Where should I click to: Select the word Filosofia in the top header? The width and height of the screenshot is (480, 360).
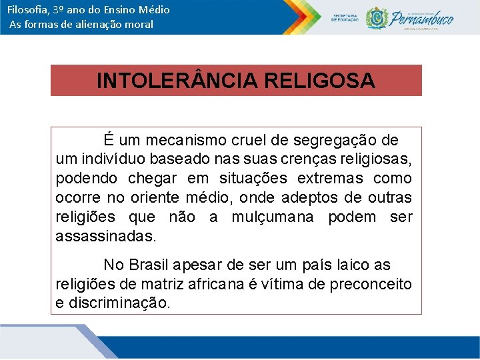point(28,10)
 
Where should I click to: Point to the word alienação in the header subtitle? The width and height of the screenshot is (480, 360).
point(100,25)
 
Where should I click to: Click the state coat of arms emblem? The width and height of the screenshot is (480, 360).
point(377,18)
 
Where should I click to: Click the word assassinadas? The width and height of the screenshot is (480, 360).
point(106,236)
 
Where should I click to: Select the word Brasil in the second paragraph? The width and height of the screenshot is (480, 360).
point(151,265)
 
